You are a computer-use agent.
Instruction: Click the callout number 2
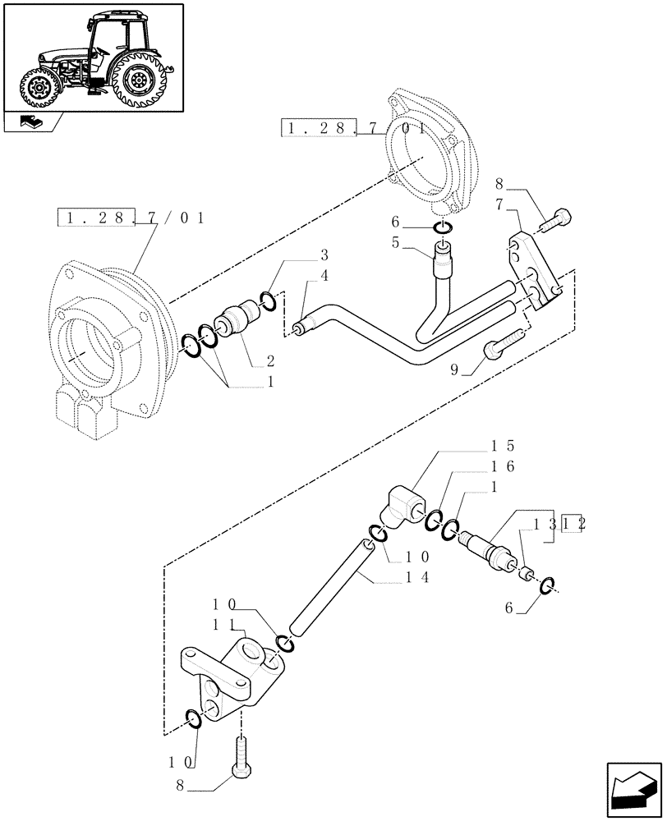269,360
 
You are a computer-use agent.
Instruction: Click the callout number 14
415,578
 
